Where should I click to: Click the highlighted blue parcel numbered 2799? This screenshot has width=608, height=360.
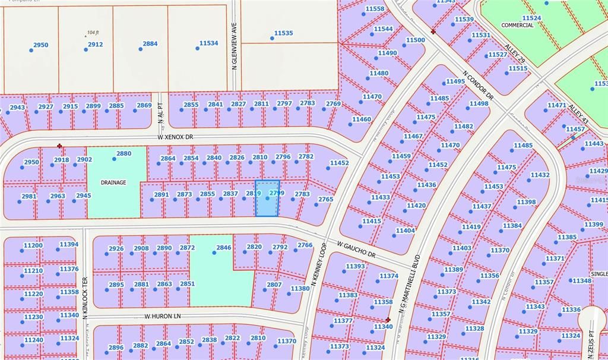coord(268,198)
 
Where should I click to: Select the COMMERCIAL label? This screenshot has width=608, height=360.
coord(517,26)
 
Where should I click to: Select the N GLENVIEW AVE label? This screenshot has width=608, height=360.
coord(235,51)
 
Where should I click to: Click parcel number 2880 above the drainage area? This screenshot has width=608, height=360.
coord(123,153)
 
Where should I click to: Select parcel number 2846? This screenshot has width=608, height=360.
coord(223,247)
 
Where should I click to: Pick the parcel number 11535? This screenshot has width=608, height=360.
coord(283,33)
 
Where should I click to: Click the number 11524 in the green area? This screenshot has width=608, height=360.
coord(531,18)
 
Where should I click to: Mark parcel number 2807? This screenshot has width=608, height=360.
coord(273,285)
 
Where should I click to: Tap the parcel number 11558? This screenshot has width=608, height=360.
coord(375,9)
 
